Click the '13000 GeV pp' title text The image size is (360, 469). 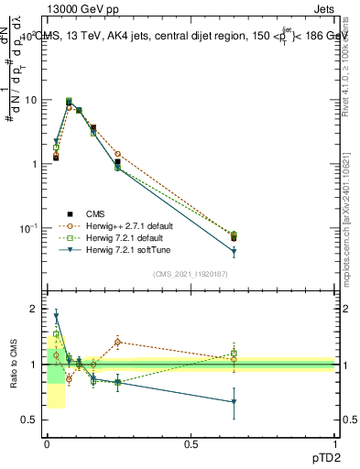[80, 8]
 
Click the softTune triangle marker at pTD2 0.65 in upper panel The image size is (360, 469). [234, 252]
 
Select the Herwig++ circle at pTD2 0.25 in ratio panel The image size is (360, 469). [118, 343]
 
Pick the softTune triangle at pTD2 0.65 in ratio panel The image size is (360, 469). [234, 402]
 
